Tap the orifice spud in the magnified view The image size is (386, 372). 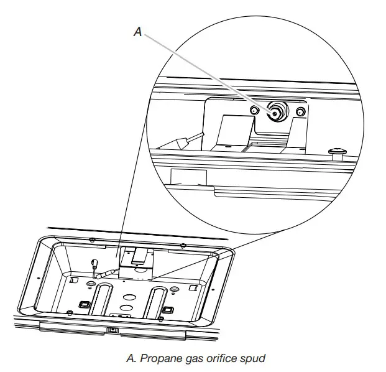point(274,113)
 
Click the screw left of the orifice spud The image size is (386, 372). point(254,111)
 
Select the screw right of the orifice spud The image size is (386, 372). point(301,112)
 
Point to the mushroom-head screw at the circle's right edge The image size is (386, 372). point(338,151)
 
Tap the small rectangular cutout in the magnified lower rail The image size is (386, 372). point(186,177)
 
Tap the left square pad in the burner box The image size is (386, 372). point(83,305)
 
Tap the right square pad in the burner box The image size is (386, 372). point(166,309)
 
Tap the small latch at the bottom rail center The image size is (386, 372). point(113,329)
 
